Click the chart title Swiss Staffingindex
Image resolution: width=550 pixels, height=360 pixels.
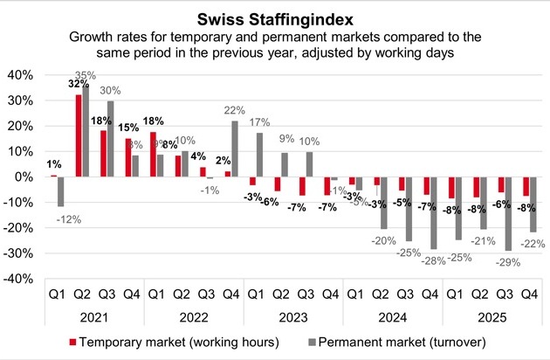tap(275, 16)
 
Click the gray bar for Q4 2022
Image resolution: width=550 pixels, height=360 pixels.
tap(235, 149)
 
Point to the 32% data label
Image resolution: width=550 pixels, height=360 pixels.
tap(79, 85)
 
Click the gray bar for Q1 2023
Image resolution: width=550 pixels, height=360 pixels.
tap(259, 155)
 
